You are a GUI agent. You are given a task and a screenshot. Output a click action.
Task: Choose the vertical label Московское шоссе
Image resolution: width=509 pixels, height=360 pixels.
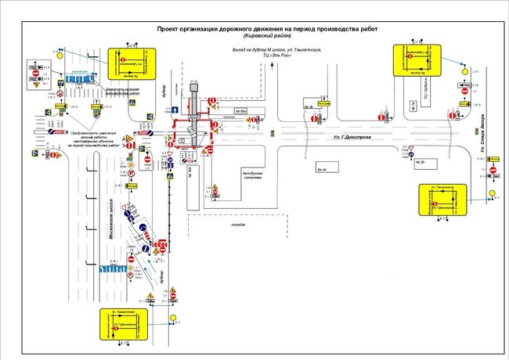tap(110, 215)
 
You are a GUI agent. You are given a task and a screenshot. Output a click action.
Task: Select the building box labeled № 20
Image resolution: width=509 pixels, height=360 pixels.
tap(421, 163)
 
